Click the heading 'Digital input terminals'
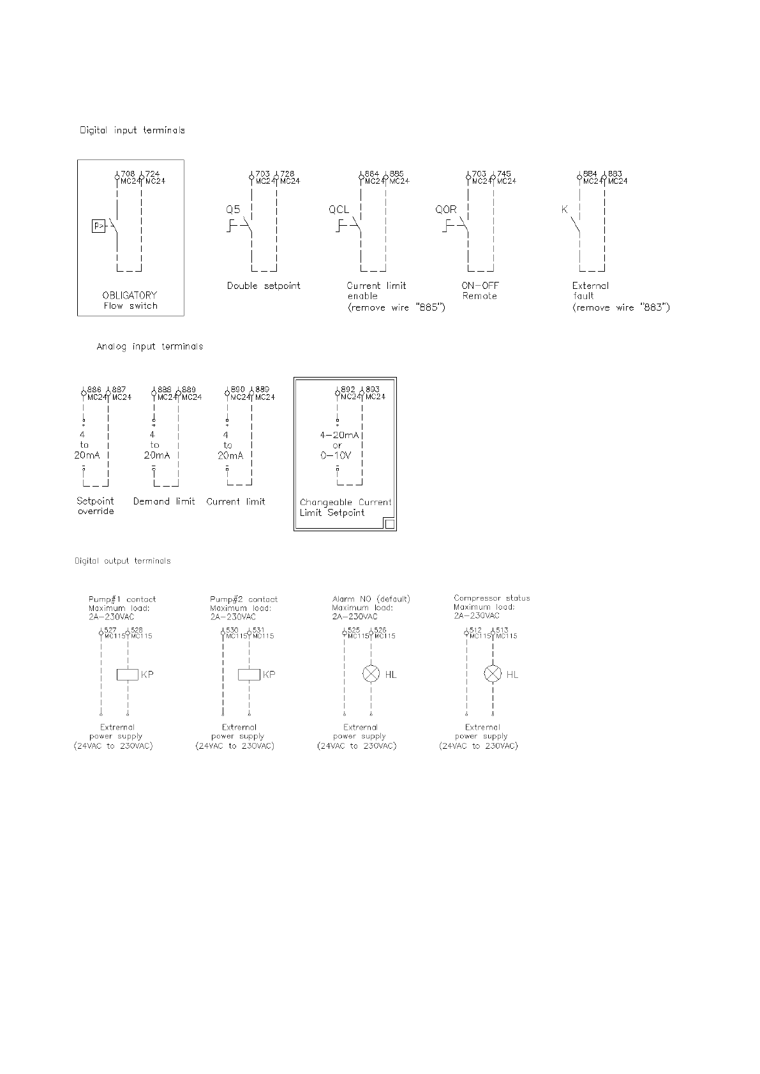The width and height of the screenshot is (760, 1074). point(132,130)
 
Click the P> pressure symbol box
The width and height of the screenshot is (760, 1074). point(98,226)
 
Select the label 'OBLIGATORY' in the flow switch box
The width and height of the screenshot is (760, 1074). point(130,295)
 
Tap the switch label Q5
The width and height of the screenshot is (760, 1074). point(233,209)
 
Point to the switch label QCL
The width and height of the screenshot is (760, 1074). point(339,209)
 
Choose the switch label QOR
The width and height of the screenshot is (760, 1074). point(446,209)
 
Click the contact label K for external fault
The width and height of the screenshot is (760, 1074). point(564,209)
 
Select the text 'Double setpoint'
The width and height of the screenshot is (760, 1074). point(264,286)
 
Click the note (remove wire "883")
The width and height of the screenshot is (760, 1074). point(621,307)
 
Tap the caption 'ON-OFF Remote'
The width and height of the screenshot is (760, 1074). point(480,291)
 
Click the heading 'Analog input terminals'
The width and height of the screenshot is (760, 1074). point(150,346)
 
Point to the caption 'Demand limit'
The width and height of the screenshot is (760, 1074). point(164,501)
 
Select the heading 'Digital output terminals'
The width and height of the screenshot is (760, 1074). point(123,561)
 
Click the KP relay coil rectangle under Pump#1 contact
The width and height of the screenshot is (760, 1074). point(128,674)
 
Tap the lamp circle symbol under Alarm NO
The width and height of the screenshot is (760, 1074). point(371,674)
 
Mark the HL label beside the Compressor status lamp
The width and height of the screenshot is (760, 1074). point(512,674)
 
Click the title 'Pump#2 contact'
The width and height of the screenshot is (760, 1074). point(244,600)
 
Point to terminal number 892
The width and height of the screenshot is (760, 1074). point(348,389)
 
